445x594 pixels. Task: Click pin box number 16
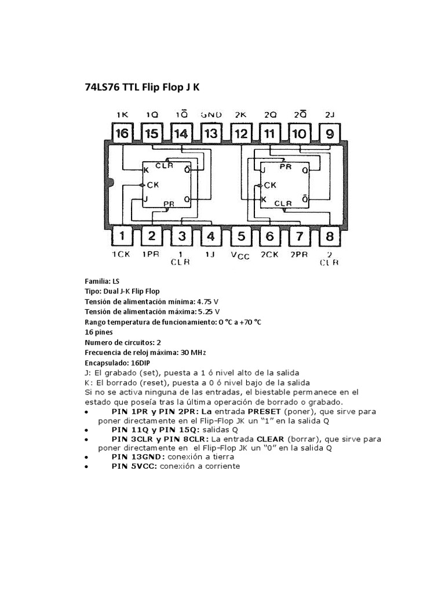pyautogui.click(x=122, y=134)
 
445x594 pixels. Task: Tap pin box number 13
pyautogui.click(x=211, y=134)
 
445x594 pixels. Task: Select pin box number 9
pyautogui.click(x=329, y=134)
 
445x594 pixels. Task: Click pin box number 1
pyautogui.click(x=122, y=236)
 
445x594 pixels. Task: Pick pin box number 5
pyautogui.click(x=241, y=236)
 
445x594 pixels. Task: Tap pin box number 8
pyautogui.click(x=329, y=236)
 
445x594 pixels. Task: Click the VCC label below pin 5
pyautogui.click(x=240, y=255)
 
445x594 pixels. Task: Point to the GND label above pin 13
pyautogui.click(x=211, y=114)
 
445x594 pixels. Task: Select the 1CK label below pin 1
pyautogui.click(x=122, y=254)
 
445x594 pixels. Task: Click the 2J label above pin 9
pyautogui.click(x=330, y=114)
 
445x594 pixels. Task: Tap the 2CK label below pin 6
pyautogui.click(x=270, y=254)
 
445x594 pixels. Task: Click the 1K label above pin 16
pyautogui.click(x=122, y=114)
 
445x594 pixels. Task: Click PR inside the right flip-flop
pyautogui.click(x=285, y=166)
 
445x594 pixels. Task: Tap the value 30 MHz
pyautogui.click(x=191, y=352)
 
